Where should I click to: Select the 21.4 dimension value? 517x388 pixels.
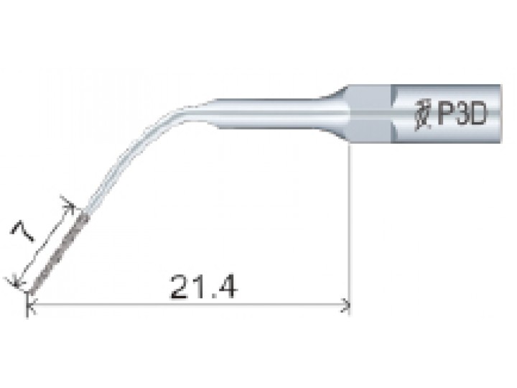point(203,287)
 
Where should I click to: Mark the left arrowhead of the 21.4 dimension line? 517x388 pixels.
point(32,305)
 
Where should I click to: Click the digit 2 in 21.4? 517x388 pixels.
point(180,287)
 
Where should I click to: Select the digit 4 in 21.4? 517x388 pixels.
point(227,287)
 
